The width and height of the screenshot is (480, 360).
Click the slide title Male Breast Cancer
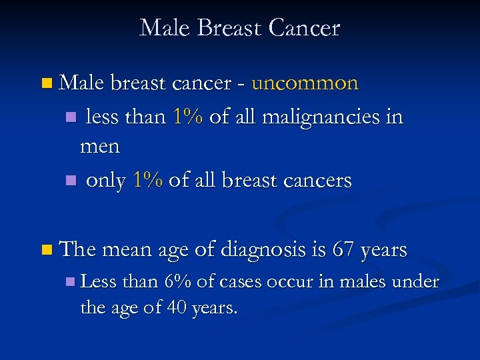click(240, 28)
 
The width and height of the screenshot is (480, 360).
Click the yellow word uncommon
click(305, 83)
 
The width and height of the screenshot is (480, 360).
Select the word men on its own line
click(100, 146)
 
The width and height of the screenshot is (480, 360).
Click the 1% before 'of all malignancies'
click(187, 117)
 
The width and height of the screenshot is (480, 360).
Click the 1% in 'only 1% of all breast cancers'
click(147, 180)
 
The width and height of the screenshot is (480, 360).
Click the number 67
click(343, 250)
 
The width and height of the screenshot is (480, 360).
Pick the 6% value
click(177, 282)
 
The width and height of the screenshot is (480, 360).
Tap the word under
click(415, 282)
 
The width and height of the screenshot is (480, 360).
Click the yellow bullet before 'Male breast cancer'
click(45, 84)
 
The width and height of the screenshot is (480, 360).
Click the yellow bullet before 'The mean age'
click(45, 251)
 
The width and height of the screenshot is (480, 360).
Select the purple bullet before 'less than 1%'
click(71, 118)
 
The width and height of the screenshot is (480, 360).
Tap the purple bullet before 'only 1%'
click(71, 181)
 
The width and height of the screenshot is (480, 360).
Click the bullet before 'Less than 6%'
click(71, 283)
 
